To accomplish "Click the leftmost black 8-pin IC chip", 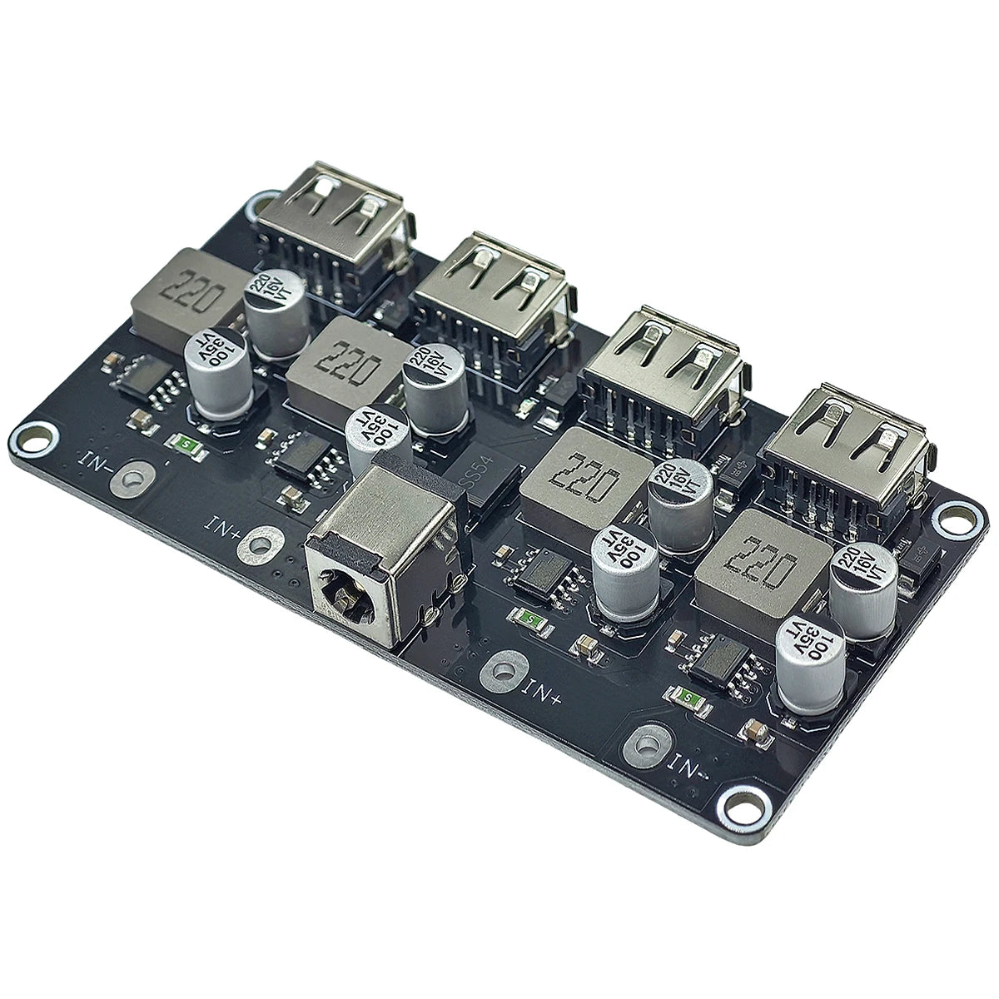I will (x=146, y=380).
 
